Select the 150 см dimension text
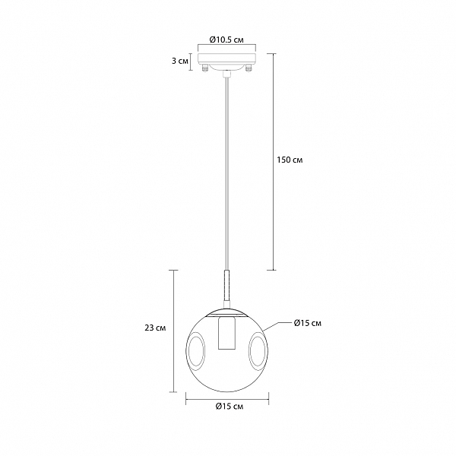pos(290,160)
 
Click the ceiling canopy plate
pos(226,59)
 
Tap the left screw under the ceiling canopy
pos(205,70)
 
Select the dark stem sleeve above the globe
pos(226,289)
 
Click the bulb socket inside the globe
pos(226,334)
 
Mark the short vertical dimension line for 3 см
pos(191,61)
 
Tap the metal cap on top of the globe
pos(226,309)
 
